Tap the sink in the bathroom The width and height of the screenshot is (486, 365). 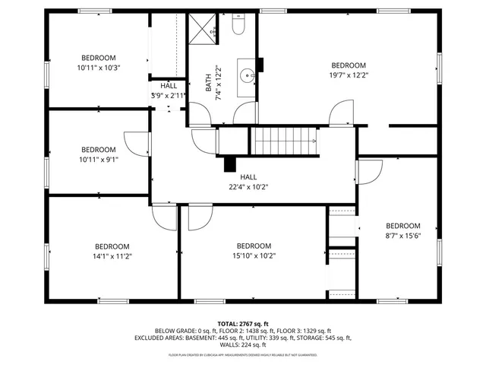247,76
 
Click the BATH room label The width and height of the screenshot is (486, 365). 209,83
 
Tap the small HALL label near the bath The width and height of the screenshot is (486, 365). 168,86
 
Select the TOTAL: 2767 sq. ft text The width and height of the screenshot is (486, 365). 243,324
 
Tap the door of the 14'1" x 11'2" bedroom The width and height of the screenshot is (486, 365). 164,217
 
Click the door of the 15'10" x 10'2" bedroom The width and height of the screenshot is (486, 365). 196,217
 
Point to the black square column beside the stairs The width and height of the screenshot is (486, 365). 229,163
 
